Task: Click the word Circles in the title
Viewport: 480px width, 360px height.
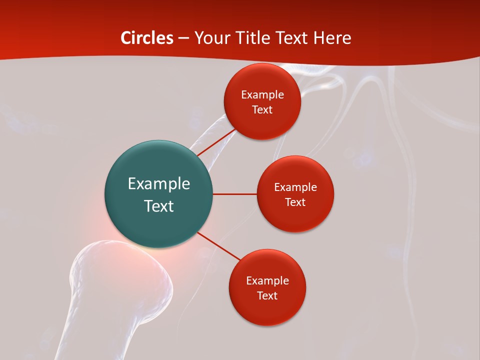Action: pyautogui.click(x=147, y=38)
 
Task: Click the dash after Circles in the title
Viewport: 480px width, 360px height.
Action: pyautogui.click(x=183, y=38)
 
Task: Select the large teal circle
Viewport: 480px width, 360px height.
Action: pyautogui.click(x=158, y=225)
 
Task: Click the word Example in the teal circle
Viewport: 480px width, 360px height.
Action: pyautogui.click(x=158, y=184)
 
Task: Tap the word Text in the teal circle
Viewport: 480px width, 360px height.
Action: pyautogui.click(x=158, y=206)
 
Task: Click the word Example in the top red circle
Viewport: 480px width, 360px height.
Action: pyautogui.click(x=262, y=95)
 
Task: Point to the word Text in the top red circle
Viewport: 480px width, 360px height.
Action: pyautogui.click(x=262, y=109)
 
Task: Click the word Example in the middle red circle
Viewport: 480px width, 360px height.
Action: pyautogui.click(x=295, y=187)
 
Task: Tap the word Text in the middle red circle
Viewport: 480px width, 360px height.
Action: pyautogui.click(x=295, y=202)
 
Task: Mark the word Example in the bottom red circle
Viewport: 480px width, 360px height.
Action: pyautogui.click(x=267, y=281)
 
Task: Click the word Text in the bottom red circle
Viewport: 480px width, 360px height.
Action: pyautogui.click(x=267, y=295)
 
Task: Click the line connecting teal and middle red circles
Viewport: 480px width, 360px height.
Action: pyautogui.click(x=234, y=194)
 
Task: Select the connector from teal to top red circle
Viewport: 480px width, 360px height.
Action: pyautogui.click(x=216, y=142)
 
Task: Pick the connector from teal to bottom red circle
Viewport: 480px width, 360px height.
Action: pyautogui.click(x=219, y=246)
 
